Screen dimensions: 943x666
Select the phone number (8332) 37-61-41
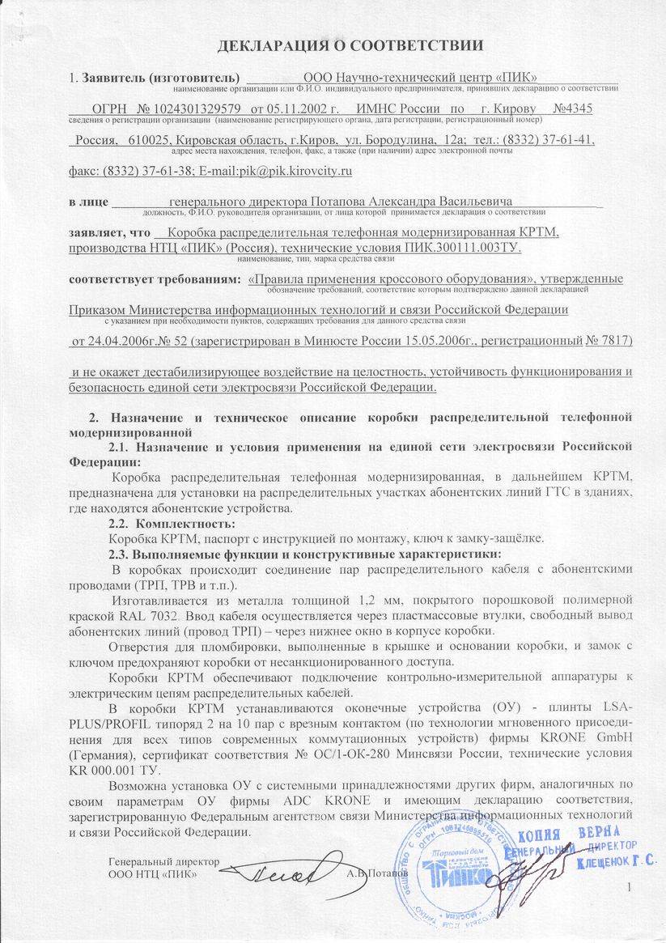point(553,139)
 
